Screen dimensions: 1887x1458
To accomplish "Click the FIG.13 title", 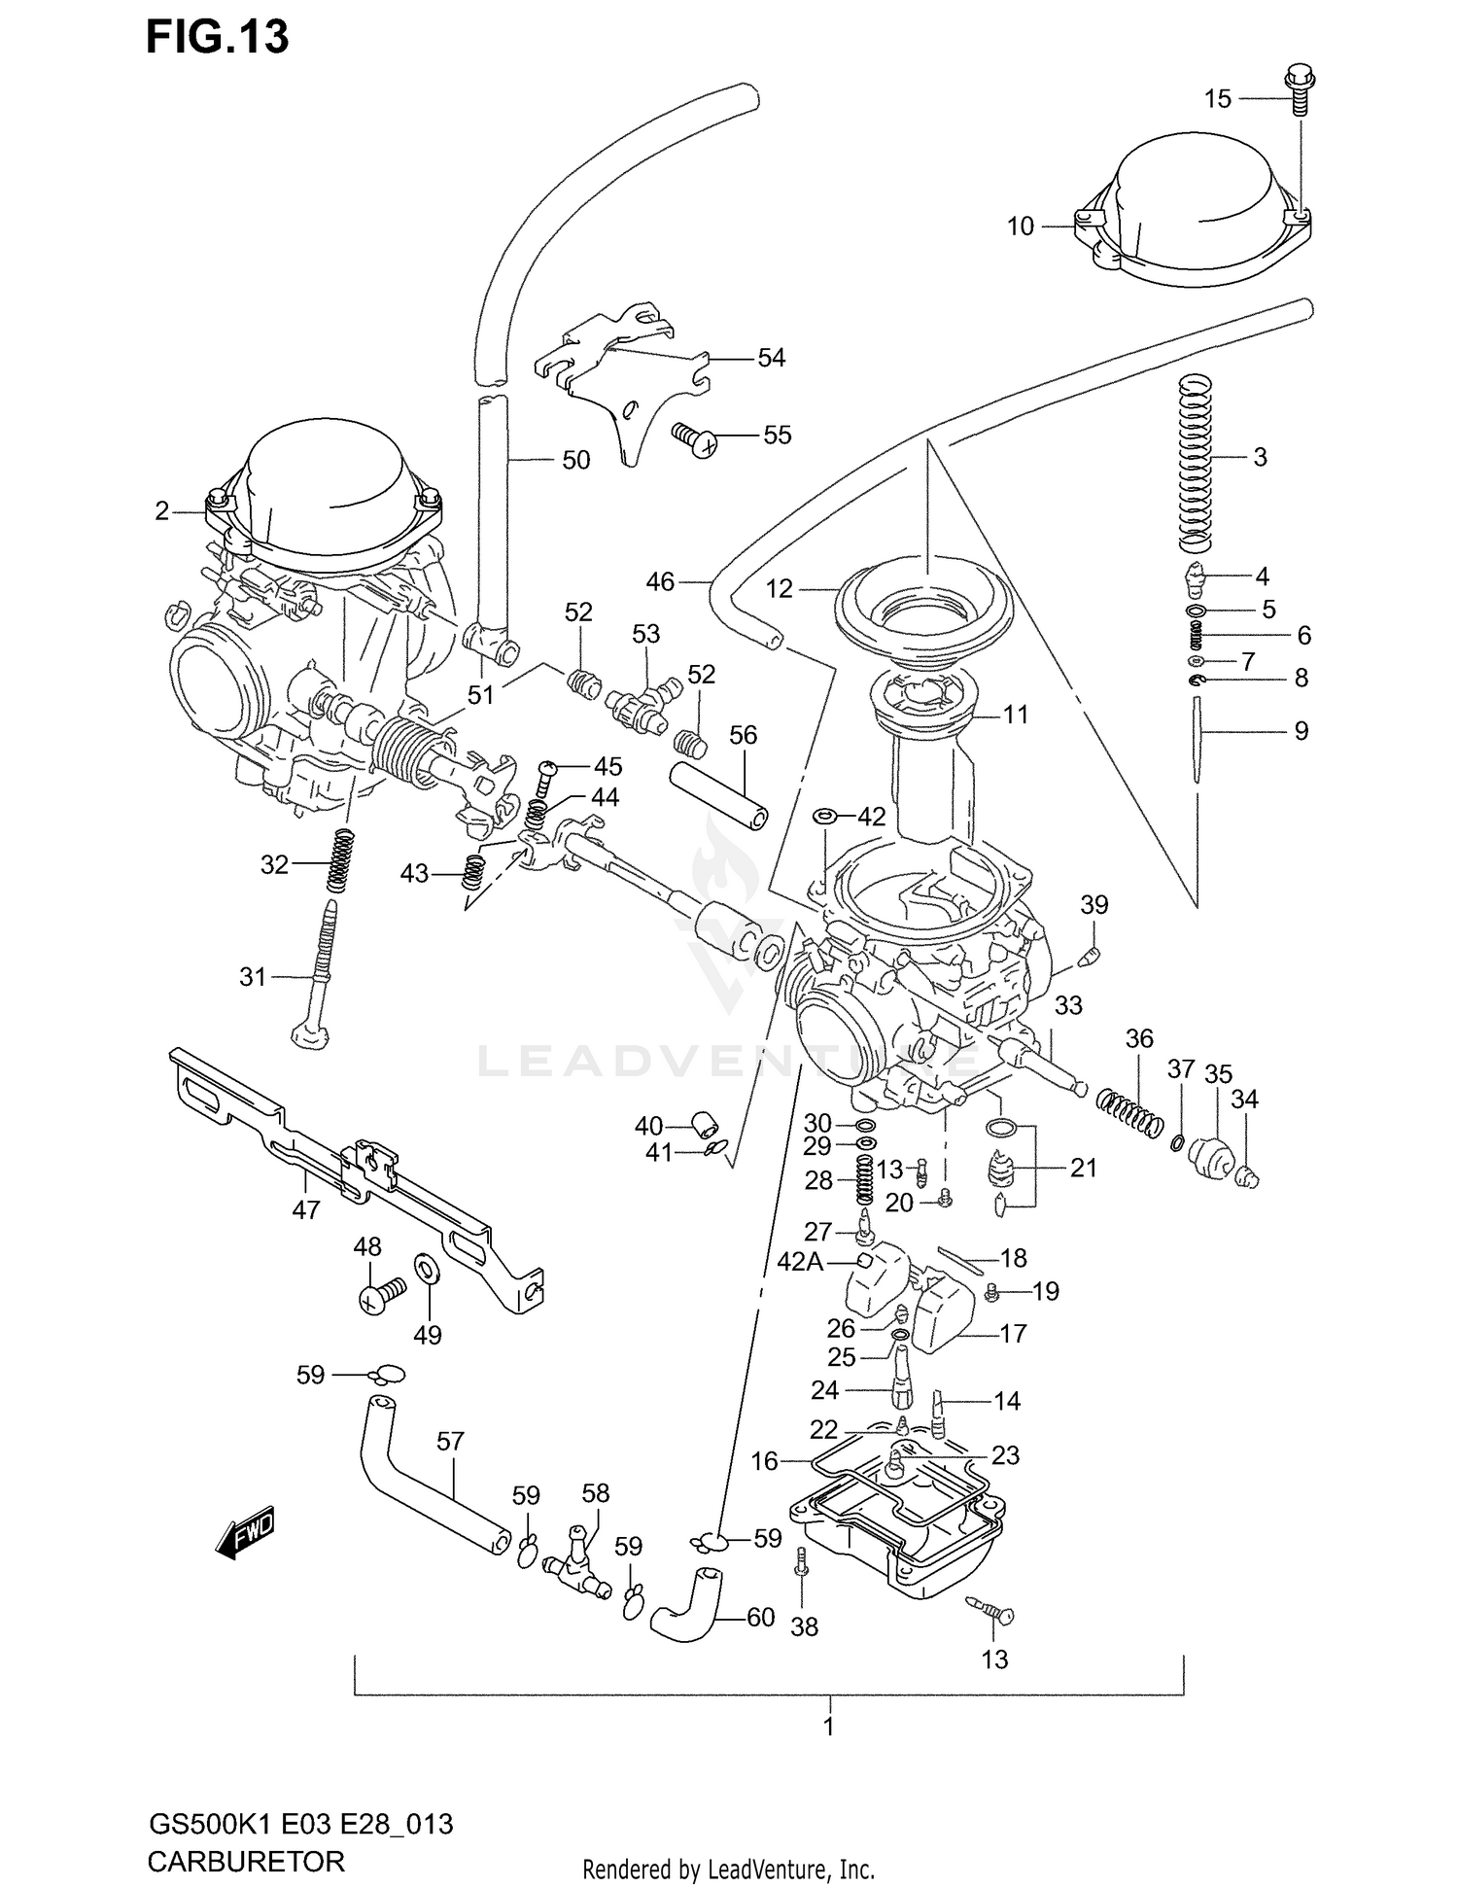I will point(218,37).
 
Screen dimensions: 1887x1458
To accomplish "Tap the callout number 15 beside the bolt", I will point(1217,98).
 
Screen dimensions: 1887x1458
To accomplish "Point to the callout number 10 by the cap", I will point(1020,227).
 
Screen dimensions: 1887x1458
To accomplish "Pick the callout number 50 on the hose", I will point(575,460).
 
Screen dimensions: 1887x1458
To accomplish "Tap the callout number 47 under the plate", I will point(305,1210).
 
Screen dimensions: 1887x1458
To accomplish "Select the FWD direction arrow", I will point(246,1534).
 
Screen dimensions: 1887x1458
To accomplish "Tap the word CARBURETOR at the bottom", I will point(246,1861).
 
